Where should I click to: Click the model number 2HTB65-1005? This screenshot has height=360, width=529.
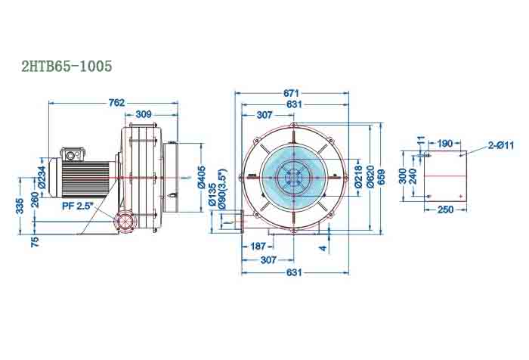67,67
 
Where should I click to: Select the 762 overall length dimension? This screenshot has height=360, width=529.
116,102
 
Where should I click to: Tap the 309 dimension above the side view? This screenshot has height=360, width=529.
143,113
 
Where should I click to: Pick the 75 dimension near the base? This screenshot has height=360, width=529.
35,242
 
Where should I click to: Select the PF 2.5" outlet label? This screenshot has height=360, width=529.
77,205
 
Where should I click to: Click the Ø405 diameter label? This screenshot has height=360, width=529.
202,176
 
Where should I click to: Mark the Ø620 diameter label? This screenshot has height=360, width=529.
370,176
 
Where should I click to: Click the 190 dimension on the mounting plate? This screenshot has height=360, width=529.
445,142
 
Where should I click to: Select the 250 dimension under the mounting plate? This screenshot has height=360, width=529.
445,209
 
